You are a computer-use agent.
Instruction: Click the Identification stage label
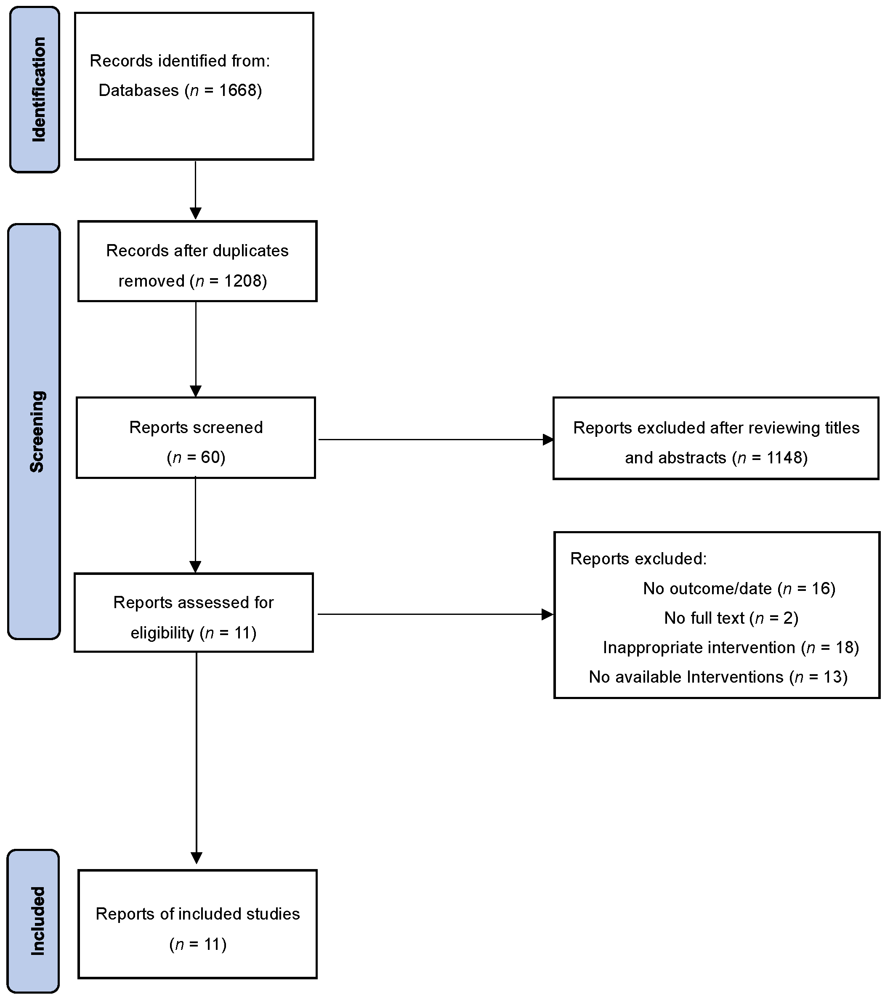coord(38,90)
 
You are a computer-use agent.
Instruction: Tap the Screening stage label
coord(37,432)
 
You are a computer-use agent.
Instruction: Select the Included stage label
coord(37,920)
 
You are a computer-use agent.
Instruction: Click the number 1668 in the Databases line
coord(238,90)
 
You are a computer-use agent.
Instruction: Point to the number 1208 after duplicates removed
coord(242,281)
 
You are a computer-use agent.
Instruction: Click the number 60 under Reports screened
coord(210,457)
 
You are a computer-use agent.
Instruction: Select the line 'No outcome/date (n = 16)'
coord(739,588)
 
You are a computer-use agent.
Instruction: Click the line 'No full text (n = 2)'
coord(731,618)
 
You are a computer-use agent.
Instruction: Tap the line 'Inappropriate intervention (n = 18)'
coord(730,647)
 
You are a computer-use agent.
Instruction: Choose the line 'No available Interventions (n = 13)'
coord(718,677)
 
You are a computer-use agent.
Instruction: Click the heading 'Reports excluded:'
coord(638,558)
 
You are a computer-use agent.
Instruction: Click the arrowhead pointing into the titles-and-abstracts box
coord(548,439)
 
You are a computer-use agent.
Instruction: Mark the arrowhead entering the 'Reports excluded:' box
coord(547,614)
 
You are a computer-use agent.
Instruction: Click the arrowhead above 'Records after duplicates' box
coord(195,213)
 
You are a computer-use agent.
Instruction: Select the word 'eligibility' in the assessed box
coord(162,633)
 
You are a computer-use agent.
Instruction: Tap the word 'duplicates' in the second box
coord(250,251)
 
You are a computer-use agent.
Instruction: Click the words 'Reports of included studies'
coord(198,914)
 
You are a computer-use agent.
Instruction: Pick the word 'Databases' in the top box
coord(138,90)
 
